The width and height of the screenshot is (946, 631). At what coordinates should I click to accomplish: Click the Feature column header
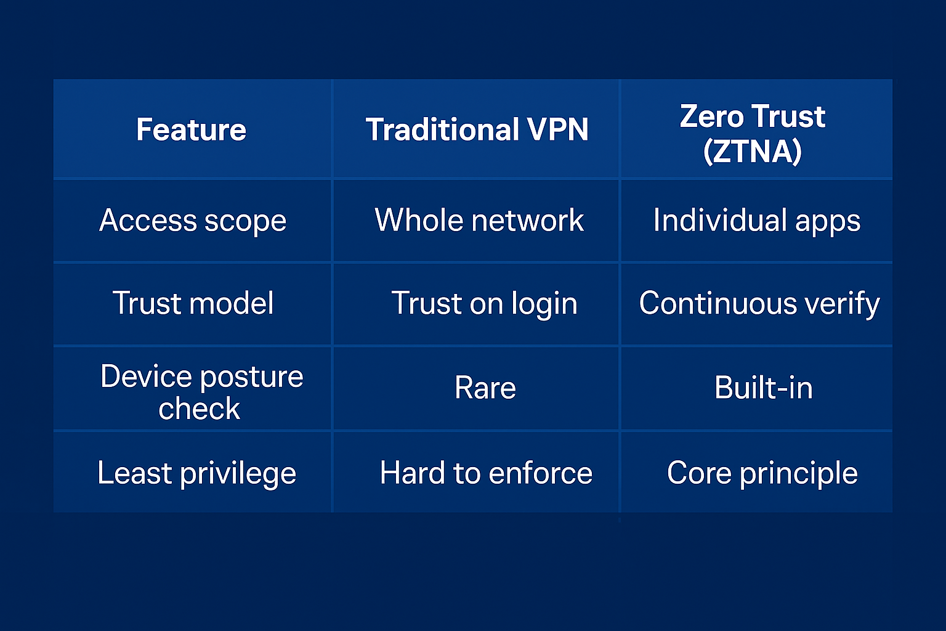[191, 129]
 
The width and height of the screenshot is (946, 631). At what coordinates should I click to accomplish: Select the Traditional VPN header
[477, 129]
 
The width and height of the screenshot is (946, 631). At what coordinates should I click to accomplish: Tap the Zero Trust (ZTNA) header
[752, 134]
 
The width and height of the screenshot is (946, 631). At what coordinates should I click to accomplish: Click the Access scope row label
[193, 221]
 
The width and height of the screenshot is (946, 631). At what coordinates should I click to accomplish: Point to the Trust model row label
[193, 303]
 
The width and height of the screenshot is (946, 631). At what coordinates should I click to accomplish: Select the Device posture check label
[201, 392]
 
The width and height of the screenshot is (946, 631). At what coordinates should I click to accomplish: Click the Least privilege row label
[197, 473]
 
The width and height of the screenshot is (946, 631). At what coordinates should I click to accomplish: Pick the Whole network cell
[479, 220]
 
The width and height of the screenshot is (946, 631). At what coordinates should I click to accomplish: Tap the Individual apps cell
[757, 220]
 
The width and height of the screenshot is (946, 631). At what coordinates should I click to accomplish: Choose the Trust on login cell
[485, 303]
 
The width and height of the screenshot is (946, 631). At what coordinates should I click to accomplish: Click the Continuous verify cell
[759, 303]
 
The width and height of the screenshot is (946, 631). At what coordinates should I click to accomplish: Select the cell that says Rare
[485, 388]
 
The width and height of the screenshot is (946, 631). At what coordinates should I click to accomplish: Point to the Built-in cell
[764, 387]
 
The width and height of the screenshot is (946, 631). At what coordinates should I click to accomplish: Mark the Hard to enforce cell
[486, 473]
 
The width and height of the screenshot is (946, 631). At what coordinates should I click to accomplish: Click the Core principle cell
[762, 473]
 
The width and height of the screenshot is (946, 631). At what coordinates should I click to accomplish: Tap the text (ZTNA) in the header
[752, 152]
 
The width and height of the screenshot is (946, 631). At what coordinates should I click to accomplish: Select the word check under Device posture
[200, 409]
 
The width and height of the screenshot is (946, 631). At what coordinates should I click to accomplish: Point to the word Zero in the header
[711, 116]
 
